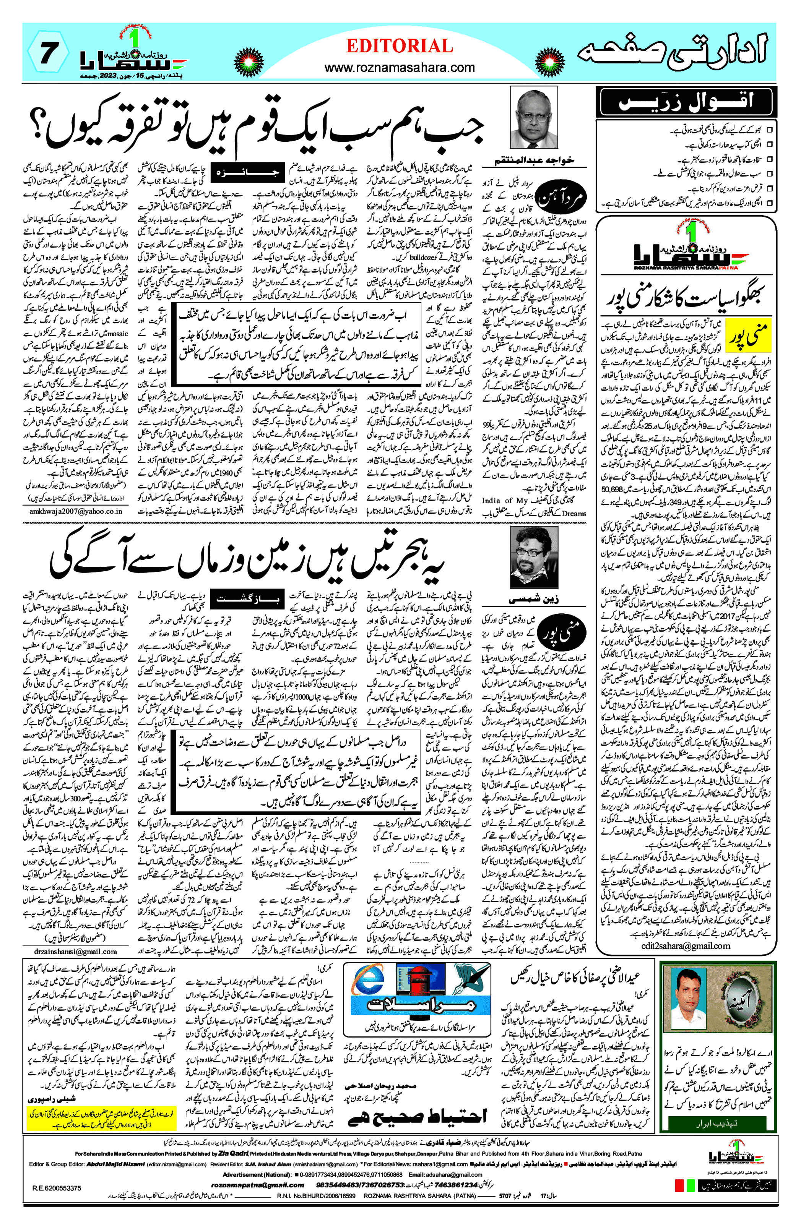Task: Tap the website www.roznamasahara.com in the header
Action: coord(400,67)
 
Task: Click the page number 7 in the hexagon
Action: coord(47,54)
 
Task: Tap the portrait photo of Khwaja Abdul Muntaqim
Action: coord(534,118)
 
